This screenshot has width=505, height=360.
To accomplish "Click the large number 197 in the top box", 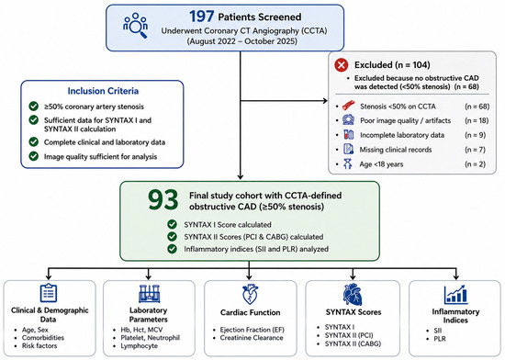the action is pos(202,17).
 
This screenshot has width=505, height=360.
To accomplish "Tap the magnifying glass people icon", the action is pos(136,26).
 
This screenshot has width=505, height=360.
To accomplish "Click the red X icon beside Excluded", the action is pos(342,65).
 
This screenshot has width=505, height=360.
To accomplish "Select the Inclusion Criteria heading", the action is pos(103,91).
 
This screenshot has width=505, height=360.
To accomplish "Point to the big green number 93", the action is pos(163,199).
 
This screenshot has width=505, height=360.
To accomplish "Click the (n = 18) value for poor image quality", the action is pos(477,120).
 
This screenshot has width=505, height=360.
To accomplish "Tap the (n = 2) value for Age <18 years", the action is pos(475,163).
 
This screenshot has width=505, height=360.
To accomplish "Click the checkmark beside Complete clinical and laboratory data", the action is pos(33,141).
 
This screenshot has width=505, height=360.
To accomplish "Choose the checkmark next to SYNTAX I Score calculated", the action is pos(172,224).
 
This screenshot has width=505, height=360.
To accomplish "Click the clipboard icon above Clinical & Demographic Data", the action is pos(49,293).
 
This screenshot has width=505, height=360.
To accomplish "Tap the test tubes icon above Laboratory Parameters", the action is pos(149,294).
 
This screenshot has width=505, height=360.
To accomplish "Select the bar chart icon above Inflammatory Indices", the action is pos(455,294).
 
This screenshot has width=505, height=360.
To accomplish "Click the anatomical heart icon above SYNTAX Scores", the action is pos(353,294).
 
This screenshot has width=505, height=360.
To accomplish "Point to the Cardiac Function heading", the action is pos(251,312).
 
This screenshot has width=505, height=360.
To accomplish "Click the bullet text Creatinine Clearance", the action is pos(252,338).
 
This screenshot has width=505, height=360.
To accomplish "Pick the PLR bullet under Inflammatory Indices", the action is pos(440,339).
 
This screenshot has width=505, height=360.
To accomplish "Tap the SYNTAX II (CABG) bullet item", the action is pos(353,343).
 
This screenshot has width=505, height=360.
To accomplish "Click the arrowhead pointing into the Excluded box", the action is pos(326,101).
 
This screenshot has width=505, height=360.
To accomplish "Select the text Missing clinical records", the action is pos(396,150).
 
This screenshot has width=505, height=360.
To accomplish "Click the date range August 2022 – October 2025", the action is pos(242,41).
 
